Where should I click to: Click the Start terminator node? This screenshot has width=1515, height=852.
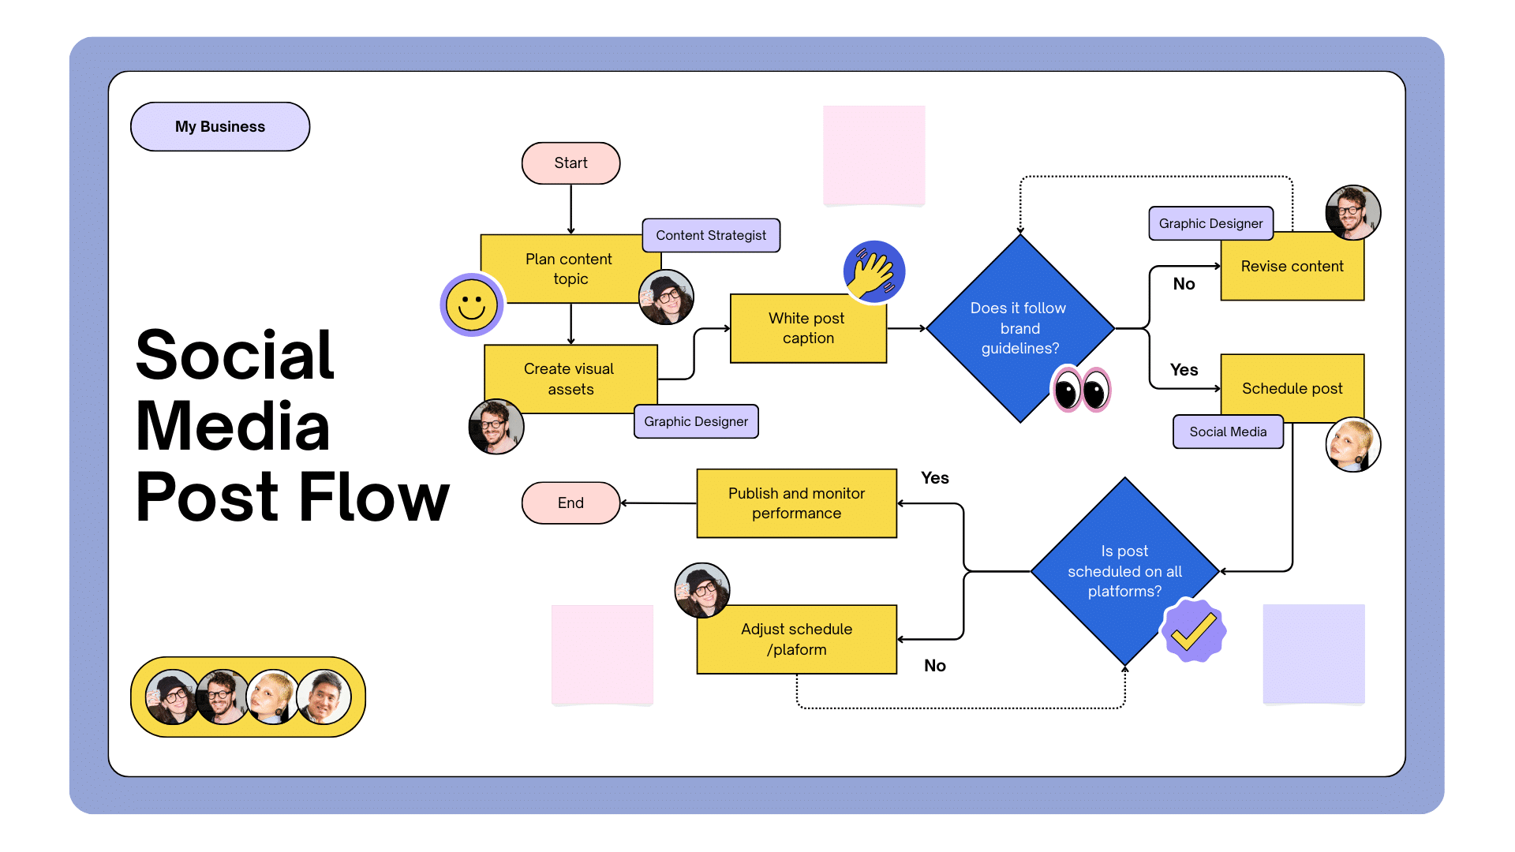pyautogui.click(x=570, y=163)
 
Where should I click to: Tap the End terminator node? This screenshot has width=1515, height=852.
pyautogui.click(x=570, y=503)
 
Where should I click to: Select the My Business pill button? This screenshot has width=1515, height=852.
pyautogui.click(x=220, y=126)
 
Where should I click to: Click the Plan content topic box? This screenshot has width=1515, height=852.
pyautogui.click(x=569, y=268)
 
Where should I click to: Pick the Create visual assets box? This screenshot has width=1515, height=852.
pyautogui.click(x=570, y=379)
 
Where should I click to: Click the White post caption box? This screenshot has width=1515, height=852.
pyautogui.click(x=808, y=328)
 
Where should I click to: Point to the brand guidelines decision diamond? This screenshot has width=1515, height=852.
pyautogui.click(x=1019, y=328)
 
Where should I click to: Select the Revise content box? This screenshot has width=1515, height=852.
pyautogui.click(x=1292, y=267)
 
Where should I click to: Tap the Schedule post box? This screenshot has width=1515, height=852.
pyautogui.click(x=1292, y=388)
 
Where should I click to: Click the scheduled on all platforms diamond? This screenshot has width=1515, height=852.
pyautogui.click(x=1124, y=570)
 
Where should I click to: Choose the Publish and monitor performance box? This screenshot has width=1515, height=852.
pyautogui.click(x=796, y=503)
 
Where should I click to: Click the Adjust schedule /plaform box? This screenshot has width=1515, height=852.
pyautogui.click(x=796, y=639)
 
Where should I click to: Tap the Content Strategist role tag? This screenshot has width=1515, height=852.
pyautogui.click(x=711, y=235)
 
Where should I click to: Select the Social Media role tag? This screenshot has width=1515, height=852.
pyautogui.click(x=1228, y=432)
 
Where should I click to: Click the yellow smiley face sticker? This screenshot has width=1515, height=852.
pyautogui.click(x=472, y=305)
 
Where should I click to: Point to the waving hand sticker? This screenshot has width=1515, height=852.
pyautogui.click(x=873, y=272)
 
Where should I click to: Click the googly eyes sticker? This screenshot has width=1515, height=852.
pyautogui.click(x=1081, y=390)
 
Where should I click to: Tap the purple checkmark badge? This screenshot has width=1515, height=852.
pyautogui.click(x=1193, y=630)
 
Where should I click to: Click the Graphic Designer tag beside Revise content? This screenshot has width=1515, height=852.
pyautogui.click(x=1210, y=223)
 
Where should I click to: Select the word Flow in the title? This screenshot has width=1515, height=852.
pyautogui.click(x=374, y=497)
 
